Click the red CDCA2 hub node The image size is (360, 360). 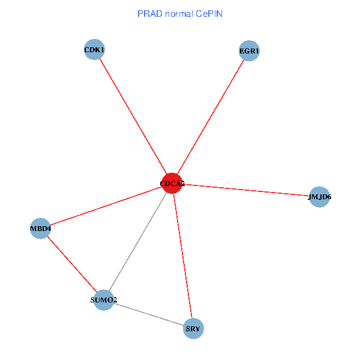pos(172,183)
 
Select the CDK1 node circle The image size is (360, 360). pos(95,50)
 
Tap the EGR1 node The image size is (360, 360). pos(248,51)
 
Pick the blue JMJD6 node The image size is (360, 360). pos(320,197)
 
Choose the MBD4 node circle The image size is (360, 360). pos(40,229)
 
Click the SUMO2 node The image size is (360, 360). pos(104,300)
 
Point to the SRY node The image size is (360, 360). pos(193,328)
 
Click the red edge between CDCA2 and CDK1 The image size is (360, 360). pos(133,116)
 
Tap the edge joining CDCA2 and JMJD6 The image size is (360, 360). pos(246,190)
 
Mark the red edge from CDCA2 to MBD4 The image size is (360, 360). pos(106,206)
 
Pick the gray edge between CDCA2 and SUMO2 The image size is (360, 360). pos(138,241)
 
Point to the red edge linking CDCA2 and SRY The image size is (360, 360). pos(182,256)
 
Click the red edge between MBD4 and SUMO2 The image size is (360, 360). pos(72,264)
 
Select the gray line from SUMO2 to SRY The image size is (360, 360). pos(148,314)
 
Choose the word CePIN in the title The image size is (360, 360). pos(208,13)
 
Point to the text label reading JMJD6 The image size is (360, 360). pos(320,197)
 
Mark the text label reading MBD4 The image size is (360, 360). pos(40,229)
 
